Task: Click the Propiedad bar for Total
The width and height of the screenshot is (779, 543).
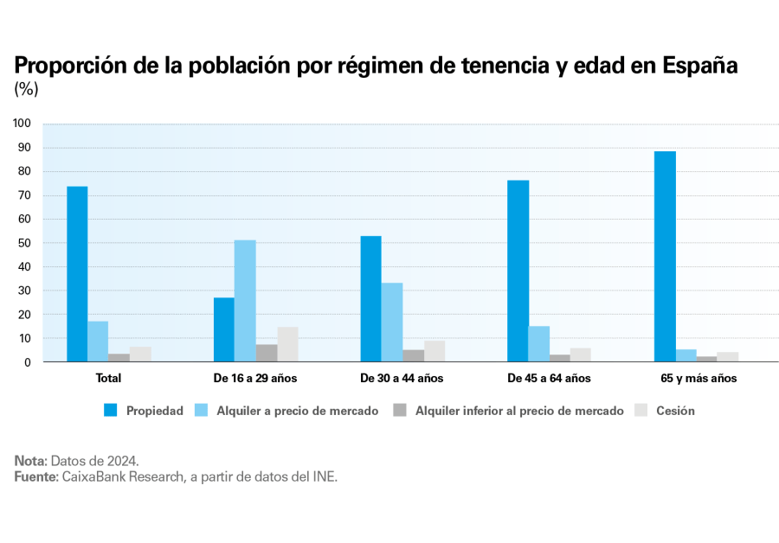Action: [x=77, y=274]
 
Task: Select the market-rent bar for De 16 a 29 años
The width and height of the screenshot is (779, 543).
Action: [x=245, y=301]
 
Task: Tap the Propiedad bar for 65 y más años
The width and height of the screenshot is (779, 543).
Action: [x=665, y=257]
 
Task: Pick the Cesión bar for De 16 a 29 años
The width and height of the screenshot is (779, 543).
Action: [x=287, y=344]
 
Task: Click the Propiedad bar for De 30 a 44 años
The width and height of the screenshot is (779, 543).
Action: [x=370, y=299]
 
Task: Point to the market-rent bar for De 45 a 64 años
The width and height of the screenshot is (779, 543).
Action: [x=539, y=344]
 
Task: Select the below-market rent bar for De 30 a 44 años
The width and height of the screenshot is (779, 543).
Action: [x=413, y=355]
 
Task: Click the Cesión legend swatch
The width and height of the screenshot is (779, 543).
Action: [x=641, y=411]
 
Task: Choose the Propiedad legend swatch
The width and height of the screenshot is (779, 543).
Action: [x=111, y=411]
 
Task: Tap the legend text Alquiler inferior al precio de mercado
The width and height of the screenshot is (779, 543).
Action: [x=519, y=411]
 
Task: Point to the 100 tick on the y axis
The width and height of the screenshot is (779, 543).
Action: [x=23, y=124]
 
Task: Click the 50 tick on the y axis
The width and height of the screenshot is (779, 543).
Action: [x=25, y=243]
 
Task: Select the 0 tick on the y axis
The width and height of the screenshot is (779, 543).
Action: [x=28, y=362]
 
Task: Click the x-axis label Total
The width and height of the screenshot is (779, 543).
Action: [x=109, y=378]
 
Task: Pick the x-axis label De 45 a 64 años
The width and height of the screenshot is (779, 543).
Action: [x=549, y=378]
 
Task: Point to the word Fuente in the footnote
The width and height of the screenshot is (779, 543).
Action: [x=35, y=477]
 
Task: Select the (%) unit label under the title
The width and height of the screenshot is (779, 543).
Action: [x=27, y=88]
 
